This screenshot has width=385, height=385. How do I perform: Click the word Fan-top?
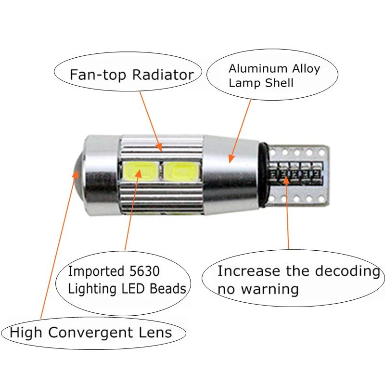click(100, 75)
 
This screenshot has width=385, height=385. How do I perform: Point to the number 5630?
click(142, 271)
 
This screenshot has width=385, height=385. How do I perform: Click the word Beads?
click(169, 288)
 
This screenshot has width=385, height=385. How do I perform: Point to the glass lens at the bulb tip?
click(76, 171)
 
